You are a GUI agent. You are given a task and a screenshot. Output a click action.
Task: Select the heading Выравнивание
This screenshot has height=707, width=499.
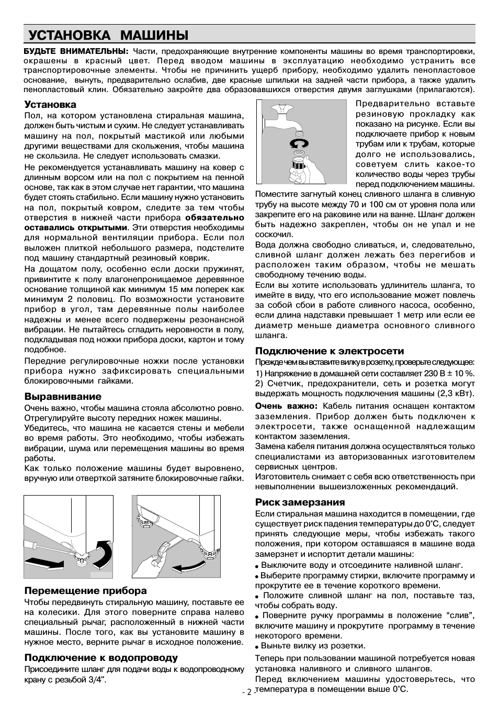tap(63, 396)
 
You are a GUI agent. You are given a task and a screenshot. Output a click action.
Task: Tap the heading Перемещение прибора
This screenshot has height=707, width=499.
tap(86, 590)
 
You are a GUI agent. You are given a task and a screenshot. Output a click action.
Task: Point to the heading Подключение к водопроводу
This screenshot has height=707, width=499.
tap(101, 657)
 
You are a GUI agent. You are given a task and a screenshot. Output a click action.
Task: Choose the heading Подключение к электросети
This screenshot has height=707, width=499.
tap(330, 351)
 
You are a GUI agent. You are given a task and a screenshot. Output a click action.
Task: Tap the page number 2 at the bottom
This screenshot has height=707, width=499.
tap(249, 692)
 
